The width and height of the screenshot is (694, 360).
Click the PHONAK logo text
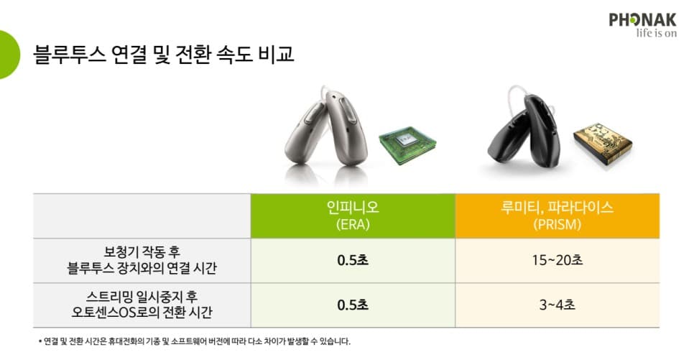644,19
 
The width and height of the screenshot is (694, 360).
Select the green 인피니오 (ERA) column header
352,216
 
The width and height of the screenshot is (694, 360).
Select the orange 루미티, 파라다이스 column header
557,216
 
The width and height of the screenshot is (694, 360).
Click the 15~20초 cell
557,260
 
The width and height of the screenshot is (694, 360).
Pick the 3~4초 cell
557,305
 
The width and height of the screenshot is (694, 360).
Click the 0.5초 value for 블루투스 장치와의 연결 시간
352,260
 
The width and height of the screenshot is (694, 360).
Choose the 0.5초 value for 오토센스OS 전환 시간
352,305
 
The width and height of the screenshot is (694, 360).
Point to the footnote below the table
195,341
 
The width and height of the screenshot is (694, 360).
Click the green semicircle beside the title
9,54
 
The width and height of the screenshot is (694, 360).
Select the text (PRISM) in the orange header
557,224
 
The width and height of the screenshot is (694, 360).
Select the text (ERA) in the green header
352,224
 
